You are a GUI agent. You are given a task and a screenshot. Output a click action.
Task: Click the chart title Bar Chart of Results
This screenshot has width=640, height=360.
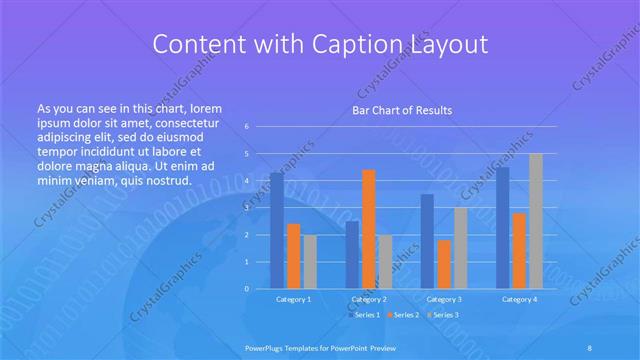[x=401, y=110]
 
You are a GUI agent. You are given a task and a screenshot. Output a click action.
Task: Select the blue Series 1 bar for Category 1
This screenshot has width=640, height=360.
[x=276, y=230]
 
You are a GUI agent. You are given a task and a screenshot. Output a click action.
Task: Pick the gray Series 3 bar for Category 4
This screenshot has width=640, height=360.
[x=535, y=220]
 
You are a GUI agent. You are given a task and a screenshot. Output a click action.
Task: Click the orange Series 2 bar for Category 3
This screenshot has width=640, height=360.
[x=443, y=264]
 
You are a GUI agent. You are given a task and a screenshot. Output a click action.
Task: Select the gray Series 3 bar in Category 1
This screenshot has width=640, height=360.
[x=309, y=261]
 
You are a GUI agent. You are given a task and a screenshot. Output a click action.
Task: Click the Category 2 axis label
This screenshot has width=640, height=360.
[x=368, y=299]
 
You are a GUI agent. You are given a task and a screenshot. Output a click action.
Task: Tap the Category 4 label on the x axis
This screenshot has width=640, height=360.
[x=518, y=299]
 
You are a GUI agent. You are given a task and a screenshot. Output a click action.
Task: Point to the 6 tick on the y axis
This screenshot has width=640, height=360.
[x=247, y=127]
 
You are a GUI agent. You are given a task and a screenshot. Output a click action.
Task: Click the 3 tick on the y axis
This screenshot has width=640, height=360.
[x=247, y=208]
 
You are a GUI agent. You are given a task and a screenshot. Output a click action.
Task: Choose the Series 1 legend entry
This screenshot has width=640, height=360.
[x=363, y=315]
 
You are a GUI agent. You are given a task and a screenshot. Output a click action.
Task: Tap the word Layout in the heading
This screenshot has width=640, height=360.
[x=447, y=45]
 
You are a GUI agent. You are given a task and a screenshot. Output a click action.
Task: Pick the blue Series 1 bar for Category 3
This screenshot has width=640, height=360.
[x=427, y=241]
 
